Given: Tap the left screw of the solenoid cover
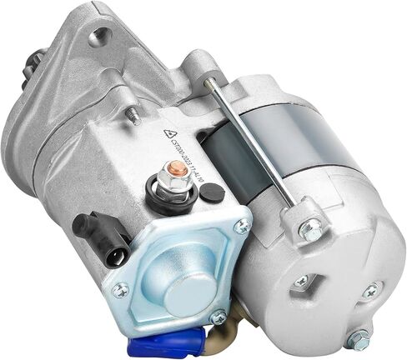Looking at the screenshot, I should click(x=122, y=289).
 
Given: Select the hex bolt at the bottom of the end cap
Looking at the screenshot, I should click(x=358, y=338).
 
